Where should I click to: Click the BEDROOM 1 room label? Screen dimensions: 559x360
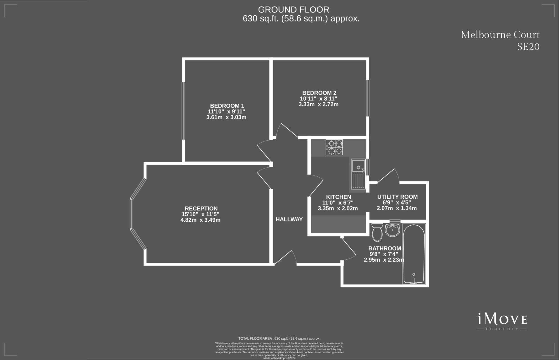pyautogui.click(x=227, y=106)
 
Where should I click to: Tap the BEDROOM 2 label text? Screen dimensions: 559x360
pyautogui.click(x=319, y=93)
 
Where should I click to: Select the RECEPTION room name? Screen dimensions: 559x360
pyautogui.click(x=201, y=209)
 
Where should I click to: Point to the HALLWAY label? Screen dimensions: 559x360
pyautogui.click(x=289, y=219)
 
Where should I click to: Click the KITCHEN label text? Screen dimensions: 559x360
pyautogui.click(x=338, y=197)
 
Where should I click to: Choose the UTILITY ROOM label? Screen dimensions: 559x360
pyautogui.click(x=397, y=197)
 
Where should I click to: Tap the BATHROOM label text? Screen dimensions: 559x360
pyautogui.click(x=385, y=248)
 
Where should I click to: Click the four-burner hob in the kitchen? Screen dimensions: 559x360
pyautogui.click(x=334, y=147)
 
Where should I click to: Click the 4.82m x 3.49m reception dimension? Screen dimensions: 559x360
pyautogui.click(x=200, y=220)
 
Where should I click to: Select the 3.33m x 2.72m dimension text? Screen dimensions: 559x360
pyautogui.click(x=319, y=104)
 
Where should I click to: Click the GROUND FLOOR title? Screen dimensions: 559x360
pyautogui.click(x=293, y=10)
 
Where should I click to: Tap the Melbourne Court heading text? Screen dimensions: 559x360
pyautogui.click(x=500, y=35)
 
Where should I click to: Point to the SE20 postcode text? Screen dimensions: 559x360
pyautogui.click(x=528, y=47)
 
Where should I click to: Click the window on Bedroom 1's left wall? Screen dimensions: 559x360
pyautogui.click(x=183, y=111)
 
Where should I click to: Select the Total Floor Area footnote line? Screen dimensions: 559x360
pyautogui.click(x=279, y=338)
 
